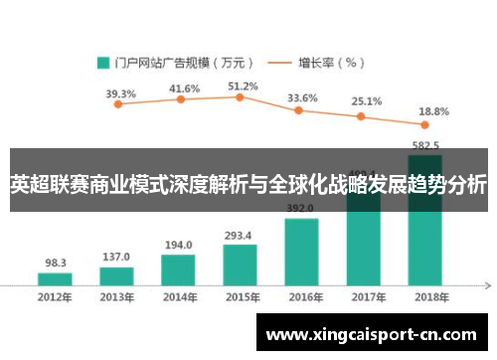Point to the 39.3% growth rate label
(120, 94)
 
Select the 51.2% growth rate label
(243, 87)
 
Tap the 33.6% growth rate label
(302, 98)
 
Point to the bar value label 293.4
(240, 236)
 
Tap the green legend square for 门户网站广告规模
(103, 62)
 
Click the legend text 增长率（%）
(329, 62)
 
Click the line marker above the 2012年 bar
(117, 104)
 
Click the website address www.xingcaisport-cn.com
(373, 334)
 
